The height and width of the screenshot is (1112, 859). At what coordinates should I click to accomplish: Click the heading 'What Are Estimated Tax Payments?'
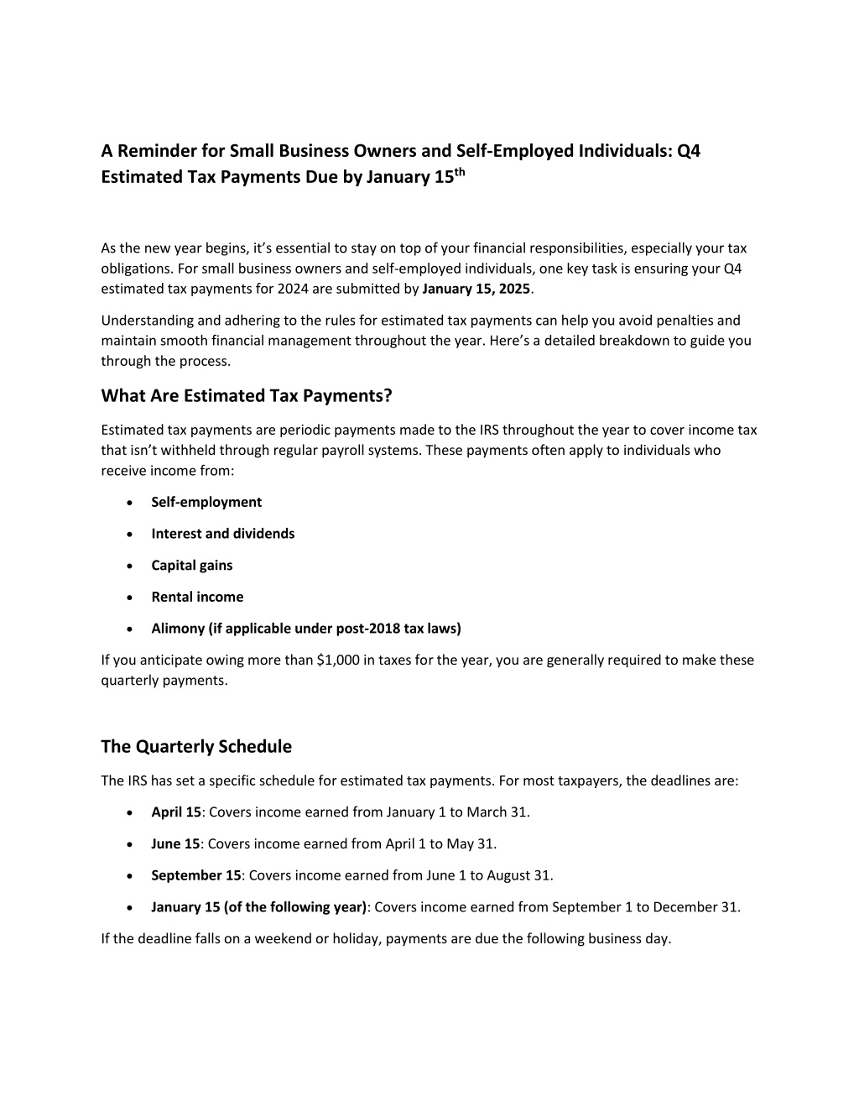tap(247, 395)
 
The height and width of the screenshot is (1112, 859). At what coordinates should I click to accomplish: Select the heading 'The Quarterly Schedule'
tap(196, 746)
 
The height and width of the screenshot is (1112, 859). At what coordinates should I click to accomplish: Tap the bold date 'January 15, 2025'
tap(476, 289)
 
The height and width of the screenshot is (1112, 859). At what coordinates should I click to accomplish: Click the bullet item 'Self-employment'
tap(206, 502)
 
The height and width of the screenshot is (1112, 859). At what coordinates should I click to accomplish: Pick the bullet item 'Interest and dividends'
tap(223, 534)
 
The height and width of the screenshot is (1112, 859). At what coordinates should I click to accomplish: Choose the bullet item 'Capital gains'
tap(192, 565)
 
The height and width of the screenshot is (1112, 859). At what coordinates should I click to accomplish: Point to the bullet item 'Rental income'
tap(197, 597)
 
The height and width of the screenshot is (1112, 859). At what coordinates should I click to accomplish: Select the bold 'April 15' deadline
tap(176, 812)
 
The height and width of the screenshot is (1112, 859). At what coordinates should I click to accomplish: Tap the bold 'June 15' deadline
tap(175, 843)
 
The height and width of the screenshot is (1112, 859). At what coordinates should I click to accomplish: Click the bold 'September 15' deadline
tap(196, 875)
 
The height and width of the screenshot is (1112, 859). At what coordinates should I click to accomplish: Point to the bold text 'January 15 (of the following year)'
tap(259, 907)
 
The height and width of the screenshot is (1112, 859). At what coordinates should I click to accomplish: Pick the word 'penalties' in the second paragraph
tap(688, 320)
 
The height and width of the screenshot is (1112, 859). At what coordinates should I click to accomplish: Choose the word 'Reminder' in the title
tap(157, 151)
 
